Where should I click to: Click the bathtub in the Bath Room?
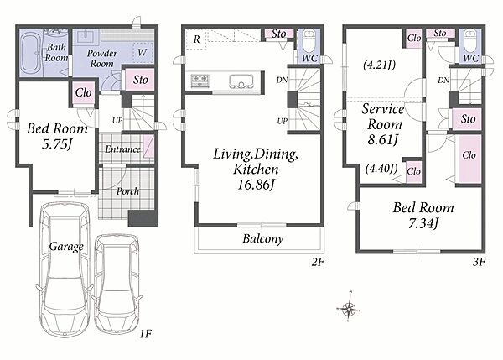click(31, 53)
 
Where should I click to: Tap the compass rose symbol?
click(349, 309)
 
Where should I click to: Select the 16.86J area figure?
click(256, 185)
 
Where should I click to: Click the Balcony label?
click(263, 238)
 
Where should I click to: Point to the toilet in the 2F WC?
click(309, 41)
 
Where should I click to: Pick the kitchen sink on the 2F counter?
click(241, 81)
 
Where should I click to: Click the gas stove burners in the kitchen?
click(200, 81)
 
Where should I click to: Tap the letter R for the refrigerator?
click(197, 39)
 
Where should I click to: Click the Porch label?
click(127, 191)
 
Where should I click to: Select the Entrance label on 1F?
click(123, 149)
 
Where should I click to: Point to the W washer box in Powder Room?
click(143, 52)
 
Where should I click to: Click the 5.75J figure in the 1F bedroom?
click(57, 144)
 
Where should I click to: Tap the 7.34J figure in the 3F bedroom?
click(423, 223)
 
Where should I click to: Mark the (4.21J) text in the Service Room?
click(380, 65)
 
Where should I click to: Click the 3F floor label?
click(479, 263)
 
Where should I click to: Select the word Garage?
click(66, 247)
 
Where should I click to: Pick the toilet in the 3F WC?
click(471, 41)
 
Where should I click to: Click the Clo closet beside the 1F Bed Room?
click(84, 93)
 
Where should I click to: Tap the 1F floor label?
click(145, 334)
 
